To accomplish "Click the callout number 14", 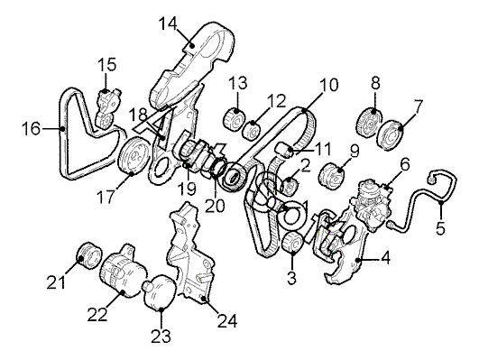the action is tap(168, 23).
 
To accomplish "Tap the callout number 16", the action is tap(32, 128).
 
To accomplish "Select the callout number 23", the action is tap(161, 337).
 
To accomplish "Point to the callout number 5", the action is tap(440, 227).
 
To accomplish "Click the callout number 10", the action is tap(328, 85).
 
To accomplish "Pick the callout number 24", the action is tap(227, 320).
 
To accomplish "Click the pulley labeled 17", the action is tap(134, 156).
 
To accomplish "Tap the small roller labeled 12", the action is tap(251, 131).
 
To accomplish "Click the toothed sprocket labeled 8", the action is tap(369, 122).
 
